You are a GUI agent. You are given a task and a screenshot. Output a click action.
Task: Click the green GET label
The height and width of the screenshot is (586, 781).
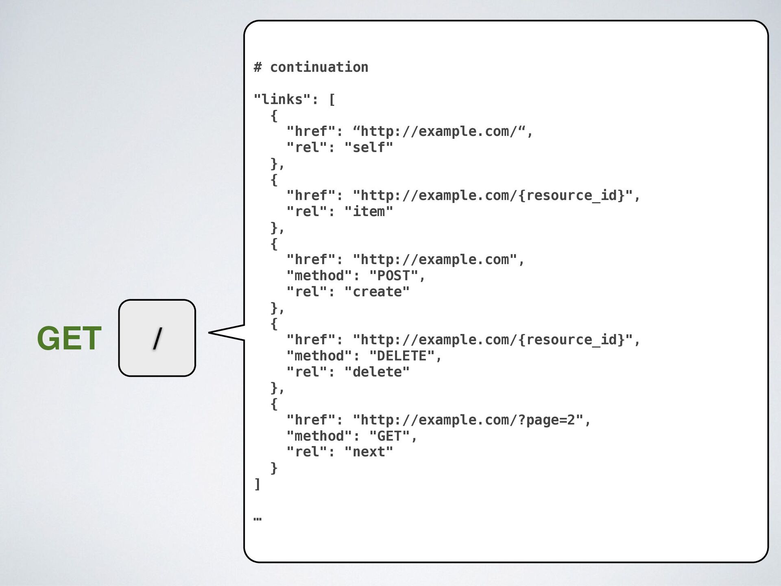point(69,338)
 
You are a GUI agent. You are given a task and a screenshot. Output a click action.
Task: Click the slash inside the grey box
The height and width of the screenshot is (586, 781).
point(157,338)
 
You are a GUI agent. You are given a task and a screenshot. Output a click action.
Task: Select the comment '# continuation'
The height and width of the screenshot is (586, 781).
point(311,67)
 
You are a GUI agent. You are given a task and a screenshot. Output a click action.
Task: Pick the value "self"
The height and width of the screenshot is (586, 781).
point(369,147)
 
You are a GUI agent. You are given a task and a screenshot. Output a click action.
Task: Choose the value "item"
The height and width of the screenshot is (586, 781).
point(369,212)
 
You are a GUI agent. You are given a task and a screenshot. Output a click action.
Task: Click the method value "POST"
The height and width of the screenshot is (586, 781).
point(393,276)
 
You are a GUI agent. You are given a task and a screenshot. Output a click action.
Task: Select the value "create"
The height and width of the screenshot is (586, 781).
point(377,292)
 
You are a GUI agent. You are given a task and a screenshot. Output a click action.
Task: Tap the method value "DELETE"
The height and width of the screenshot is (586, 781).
point(401,356)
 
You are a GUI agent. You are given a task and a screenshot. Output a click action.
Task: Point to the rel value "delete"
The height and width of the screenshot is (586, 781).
point(377,372)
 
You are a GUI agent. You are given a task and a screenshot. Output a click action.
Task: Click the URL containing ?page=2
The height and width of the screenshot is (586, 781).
point(468,420)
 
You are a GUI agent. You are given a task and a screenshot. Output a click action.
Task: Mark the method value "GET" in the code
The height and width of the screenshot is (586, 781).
point(389,436)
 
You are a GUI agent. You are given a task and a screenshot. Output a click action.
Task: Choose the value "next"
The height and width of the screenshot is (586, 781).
point(369,452)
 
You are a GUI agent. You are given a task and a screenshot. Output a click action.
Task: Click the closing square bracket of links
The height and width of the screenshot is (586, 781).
point(257,484)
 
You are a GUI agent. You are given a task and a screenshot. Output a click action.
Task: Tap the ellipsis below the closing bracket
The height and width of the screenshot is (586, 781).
point(257,519)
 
